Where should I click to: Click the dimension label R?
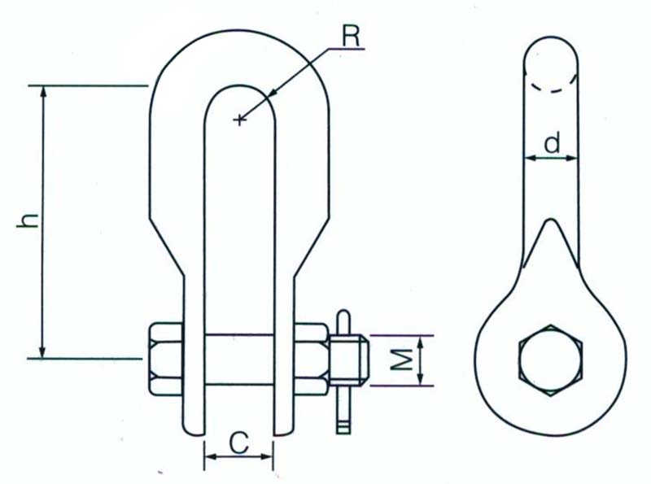[x=351, y=36]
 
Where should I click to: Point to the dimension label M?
[x=403, y=360]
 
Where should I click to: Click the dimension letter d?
[x=552, y=143]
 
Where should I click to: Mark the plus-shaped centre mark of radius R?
[x=239, y=120]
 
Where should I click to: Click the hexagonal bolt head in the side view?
[x=551, y=360]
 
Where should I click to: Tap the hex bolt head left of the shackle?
[x=166, y=359]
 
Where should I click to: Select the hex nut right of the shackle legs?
[x=312, y=359]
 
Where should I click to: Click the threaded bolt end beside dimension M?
[x=349, y=360]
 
